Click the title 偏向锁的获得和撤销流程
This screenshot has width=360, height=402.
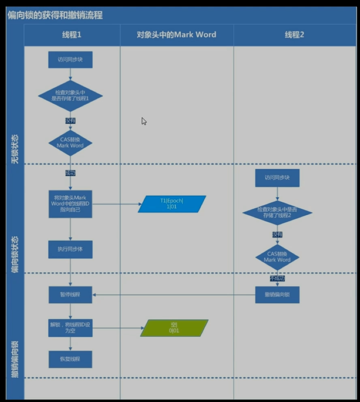pos(55,15)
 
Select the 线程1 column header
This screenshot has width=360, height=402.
pos(71,35)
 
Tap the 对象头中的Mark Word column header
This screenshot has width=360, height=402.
pos(176,35)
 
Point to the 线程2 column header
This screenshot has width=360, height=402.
pos(294,35)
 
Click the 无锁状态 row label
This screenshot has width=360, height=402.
pos(15,150)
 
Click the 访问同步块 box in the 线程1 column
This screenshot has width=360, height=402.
pos(71,60)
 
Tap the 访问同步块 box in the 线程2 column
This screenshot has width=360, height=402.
pos(277,178)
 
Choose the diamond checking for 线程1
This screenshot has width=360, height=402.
pos(71,96)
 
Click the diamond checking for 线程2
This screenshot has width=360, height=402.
pos(277,213)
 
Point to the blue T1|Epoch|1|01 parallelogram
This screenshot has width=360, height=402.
pos(172,204)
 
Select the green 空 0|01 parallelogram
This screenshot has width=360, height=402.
pos(174,328)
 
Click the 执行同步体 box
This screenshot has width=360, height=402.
pos(71,249)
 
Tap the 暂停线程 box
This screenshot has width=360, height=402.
pos(71,295)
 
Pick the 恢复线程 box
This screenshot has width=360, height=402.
pos(71,359)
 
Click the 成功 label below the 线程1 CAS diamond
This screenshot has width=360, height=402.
pos(71,173)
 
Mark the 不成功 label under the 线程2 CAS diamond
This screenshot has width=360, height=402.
pos(277,278)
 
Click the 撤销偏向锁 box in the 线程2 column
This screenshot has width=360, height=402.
pos(277,295)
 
